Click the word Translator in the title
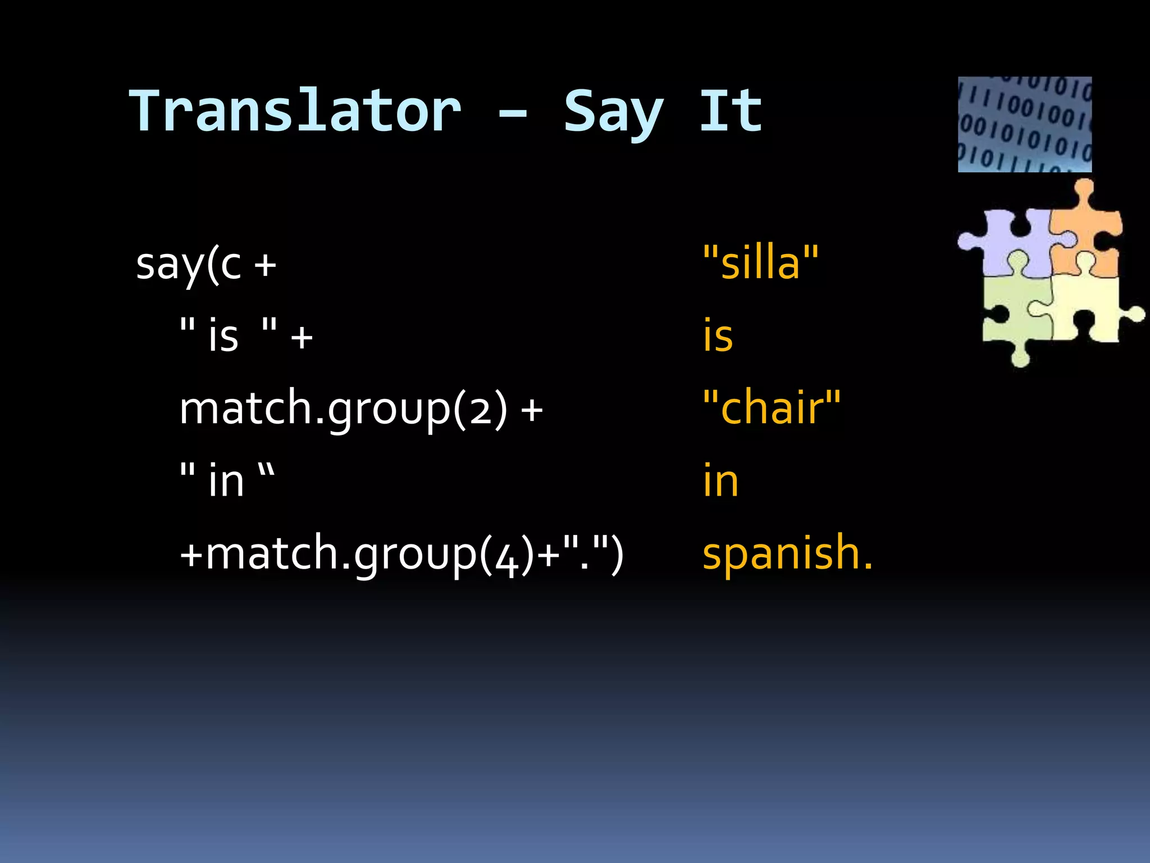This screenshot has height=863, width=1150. (295, 111)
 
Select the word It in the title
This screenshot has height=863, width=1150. (731, 111)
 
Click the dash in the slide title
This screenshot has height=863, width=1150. (512, 114)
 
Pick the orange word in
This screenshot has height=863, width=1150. (720, 480)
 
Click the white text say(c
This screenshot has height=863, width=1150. (189, 264)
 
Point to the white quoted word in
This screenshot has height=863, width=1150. (226, 481)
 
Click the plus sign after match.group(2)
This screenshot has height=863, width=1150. (531, 410)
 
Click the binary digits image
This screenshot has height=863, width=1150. (1024, 124)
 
